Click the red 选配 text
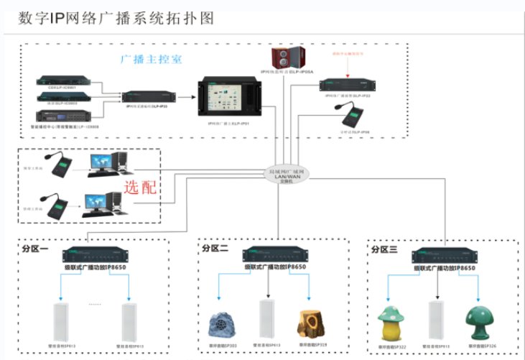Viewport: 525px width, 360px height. click(x=141, y=189)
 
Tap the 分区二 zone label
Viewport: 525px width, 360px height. click(x=215, y=248)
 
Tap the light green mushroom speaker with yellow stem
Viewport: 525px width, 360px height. click(x=391, y=323)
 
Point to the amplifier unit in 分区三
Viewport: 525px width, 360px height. click(x=443, y=257)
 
